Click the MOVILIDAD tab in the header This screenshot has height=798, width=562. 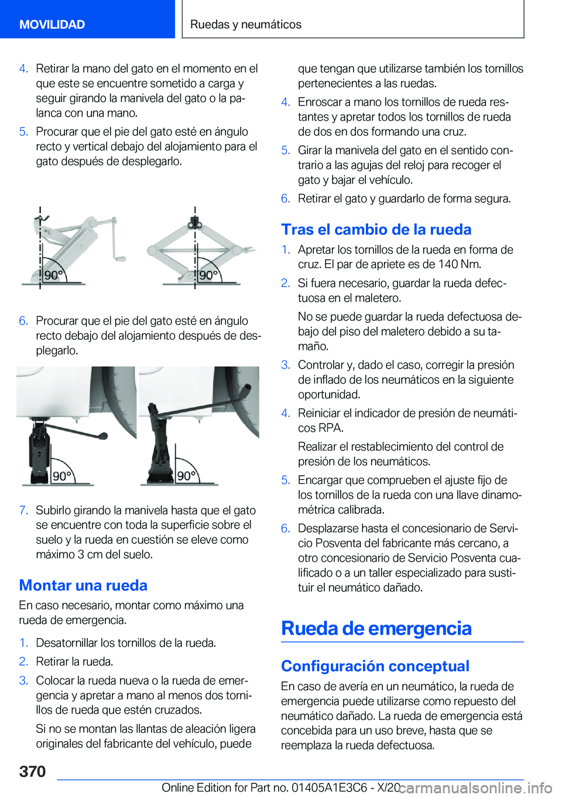(52, 24)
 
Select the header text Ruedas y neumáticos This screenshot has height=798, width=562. (246, 24)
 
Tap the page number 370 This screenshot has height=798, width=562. (32, 771)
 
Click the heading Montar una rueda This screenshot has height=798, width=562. (83, 585)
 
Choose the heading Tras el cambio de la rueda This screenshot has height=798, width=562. (376, 229)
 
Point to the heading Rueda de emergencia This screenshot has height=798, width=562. (376, 628)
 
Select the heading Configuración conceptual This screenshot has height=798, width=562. (375, 666)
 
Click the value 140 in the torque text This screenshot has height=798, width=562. (448, 264)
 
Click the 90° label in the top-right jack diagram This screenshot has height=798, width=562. (208, 275)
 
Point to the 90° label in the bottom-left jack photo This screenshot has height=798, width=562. (62, 476)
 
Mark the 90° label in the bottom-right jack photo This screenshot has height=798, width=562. (186, 476)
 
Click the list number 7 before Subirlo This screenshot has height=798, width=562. (23, 510)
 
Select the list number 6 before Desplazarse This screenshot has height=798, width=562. (285, 528)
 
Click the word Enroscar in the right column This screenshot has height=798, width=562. (320, 102)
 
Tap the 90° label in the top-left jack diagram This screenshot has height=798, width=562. (53, 275)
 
